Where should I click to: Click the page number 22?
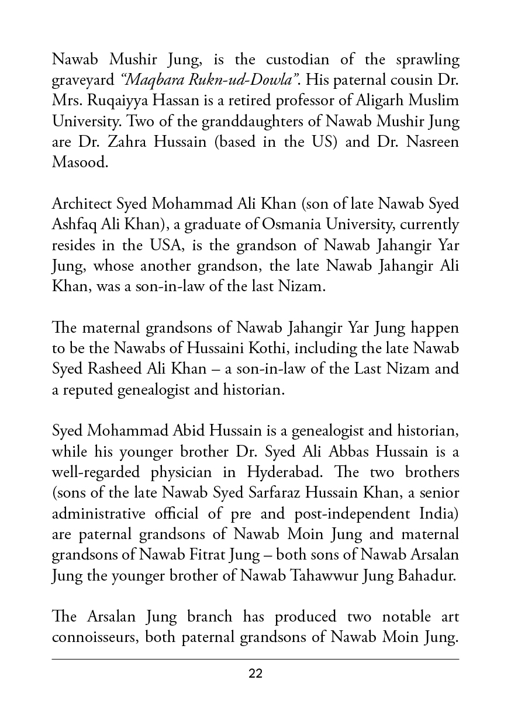click(x=255, y=674)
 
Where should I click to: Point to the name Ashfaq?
click(x=73, y=225)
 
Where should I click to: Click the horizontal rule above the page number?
click(x=255, y=659)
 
